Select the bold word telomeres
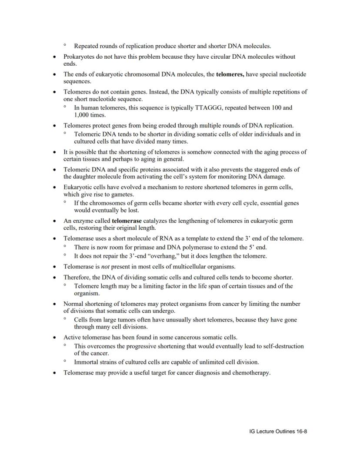click(230, 74)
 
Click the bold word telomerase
click(127, 221)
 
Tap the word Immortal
click(87, 362)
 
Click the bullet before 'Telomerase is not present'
click(54, 267)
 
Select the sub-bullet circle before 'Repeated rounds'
click(65, 45)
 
